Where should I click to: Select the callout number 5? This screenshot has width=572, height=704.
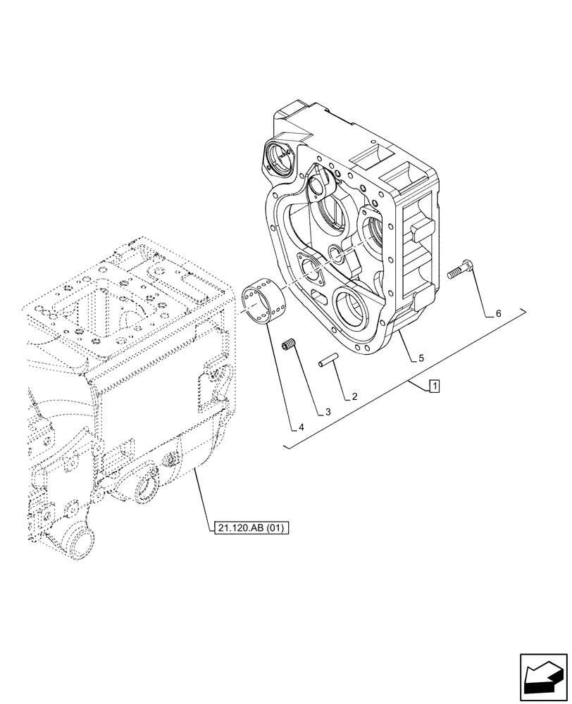(421, 358)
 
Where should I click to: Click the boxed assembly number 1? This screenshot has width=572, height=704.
(435, 386)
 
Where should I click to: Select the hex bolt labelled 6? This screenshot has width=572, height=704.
(461, 268)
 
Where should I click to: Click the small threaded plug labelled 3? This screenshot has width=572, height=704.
(287, 346)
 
